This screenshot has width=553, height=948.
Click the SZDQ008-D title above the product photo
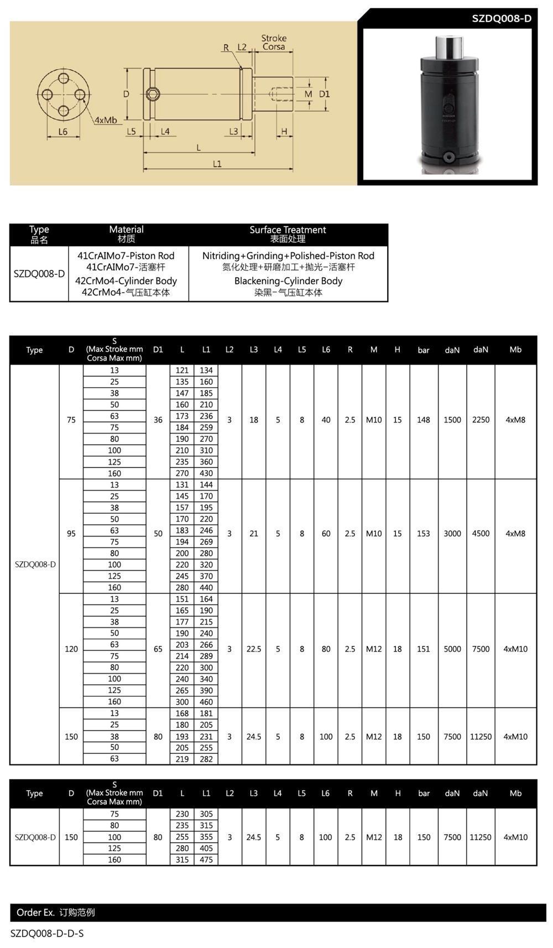point(501,18)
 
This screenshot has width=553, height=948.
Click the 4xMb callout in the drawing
point(105,120)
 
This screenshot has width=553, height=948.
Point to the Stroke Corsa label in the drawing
point(274,43)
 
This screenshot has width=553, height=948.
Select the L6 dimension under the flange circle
point(63,132)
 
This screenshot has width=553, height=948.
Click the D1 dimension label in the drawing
point(325,94)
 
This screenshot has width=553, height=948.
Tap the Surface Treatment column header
point(288,234)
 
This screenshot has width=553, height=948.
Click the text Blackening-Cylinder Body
point(288,281)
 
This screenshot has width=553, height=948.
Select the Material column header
point(126,234)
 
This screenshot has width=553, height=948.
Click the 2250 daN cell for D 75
point(481,420)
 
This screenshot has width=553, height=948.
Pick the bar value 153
point(423,534)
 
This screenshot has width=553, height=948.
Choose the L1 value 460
point(206,702)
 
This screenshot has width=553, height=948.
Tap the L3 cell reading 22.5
point(254,649)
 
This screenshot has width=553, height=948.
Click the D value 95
point(71,534)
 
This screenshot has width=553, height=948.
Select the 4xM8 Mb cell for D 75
point(515,420)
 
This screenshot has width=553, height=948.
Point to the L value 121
point(182,371)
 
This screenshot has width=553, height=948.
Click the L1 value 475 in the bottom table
point(206,860)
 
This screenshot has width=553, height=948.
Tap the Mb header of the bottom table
point(515,793)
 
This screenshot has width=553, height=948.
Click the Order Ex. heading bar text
point(55,913)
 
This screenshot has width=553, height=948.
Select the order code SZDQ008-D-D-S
point(47,934)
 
